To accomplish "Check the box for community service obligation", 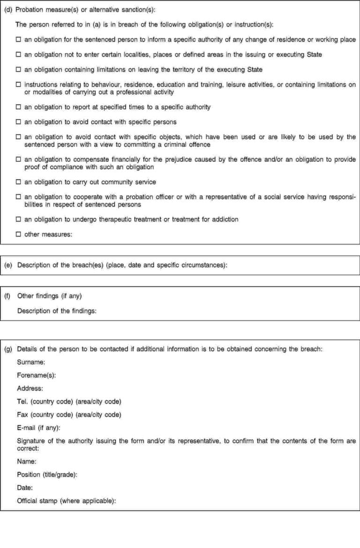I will click(19, 182).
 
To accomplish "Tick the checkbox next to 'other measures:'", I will click(19, 234).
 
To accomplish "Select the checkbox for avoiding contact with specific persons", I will click(19, 122).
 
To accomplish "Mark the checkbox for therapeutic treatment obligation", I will click(19, 219).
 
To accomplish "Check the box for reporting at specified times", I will click(19, 107).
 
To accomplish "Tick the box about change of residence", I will click(19, 40).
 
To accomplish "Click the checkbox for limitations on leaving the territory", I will click(19, 70).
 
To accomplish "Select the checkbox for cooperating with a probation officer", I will click(19, 197).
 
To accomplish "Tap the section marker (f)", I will click(7, 296).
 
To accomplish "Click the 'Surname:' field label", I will click(31, 362).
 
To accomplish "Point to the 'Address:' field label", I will click(30, 388).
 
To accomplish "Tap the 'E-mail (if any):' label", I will click(38, 428).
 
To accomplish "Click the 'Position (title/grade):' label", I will click(47, 474).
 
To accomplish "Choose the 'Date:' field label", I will click(25, 488).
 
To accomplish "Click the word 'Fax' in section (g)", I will click(22, 415).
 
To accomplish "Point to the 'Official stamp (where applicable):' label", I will click(66, 501).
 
